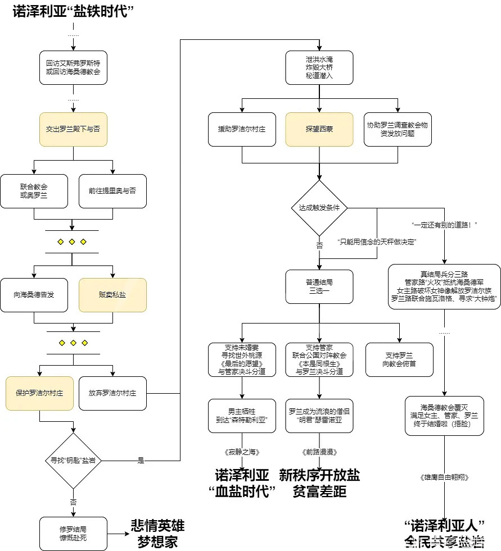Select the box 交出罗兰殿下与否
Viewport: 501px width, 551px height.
[73, 129]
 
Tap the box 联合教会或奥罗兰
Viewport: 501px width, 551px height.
[34, 191]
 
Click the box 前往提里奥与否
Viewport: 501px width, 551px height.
[112, 191]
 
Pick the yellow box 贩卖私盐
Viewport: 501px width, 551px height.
[112, 295]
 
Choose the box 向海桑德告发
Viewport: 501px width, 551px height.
[34, 295]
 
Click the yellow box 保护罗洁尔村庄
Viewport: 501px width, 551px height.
[39, 393]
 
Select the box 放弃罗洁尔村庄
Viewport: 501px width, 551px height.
[112, 393]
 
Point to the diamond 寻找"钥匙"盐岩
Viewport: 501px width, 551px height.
[73, 461]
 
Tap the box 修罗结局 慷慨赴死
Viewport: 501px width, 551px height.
[73, 533]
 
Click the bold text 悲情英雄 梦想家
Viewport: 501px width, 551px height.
[157, 533]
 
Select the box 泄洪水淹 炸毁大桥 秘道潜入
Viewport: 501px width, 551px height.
[319, 67]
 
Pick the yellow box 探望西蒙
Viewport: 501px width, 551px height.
[319, 129]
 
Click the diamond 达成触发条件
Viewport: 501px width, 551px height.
[319, 208]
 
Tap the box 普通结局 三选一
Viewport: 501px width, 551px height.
[319, 286]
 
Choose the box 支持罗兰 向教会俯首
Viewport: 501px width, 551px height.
[399, 359]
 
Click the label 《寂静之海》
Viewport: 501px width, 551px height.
[242, 452]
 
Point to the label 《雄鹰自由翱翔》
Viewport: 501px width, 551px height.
[444, 477]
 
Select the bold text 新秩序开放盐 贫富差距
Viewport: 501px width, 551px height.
[319, 483]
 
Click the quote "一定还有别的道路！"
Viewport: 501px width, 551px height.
[445, 225]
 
